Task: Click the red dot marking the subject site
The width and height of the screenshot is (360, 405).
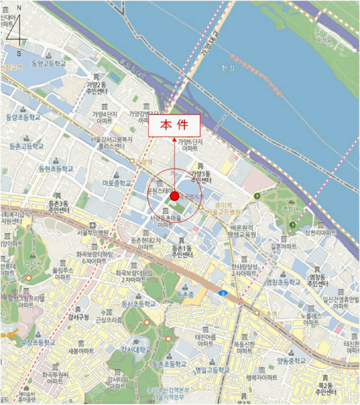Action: [174, 197]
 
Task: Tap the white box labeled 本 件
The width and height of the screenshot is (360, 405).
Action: [174, 126]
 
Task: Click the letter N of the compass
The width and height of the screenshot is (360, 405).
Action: [19, 8]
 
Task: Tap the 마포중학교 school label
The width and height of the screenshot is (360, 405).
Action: [117, 183]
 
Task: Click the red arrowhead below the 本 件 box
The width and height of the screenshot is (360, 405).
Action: [174, 140]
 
